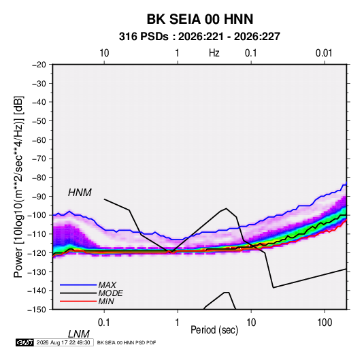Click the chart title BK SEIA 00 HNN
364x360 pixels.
pos(200,19)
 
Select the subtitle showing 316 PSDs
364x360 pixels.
pos(199,37)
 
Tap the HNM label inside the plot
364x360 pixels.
pos(80,193)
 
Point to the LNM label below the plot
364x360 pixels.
pos(78,334)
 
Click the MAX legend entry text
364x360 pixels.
pos(107,285)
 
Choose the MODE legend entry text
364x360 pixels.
pos(110,293)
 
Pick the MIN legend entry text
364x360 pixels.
pos(106,301)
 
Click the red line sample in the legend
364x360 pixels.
pos(78,301)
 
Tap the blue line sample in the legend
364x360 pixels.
pos(78,285)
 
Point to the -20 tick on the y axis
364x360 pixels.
pos(39,65)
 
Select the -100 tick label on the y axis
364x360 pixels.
pos(37,215)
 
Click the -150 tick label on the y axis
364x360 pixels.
pos(37,310)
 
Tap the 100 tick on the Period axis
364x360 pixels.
pos(325,323)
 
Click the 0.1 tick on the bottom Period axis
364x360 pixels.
pos(104,323)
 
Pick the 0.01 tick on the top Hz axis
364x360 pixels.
pos(324,53)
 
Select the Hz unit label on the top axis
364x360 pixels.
pos(214,53)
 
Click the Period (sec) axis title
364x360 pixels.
pos(214,330)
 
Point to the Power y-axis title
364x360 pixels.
pos(18,187)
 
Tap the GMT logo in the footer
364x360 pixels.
pos(25,342)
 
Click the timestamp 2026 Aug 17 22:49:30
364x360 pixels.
pos(63,342)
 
